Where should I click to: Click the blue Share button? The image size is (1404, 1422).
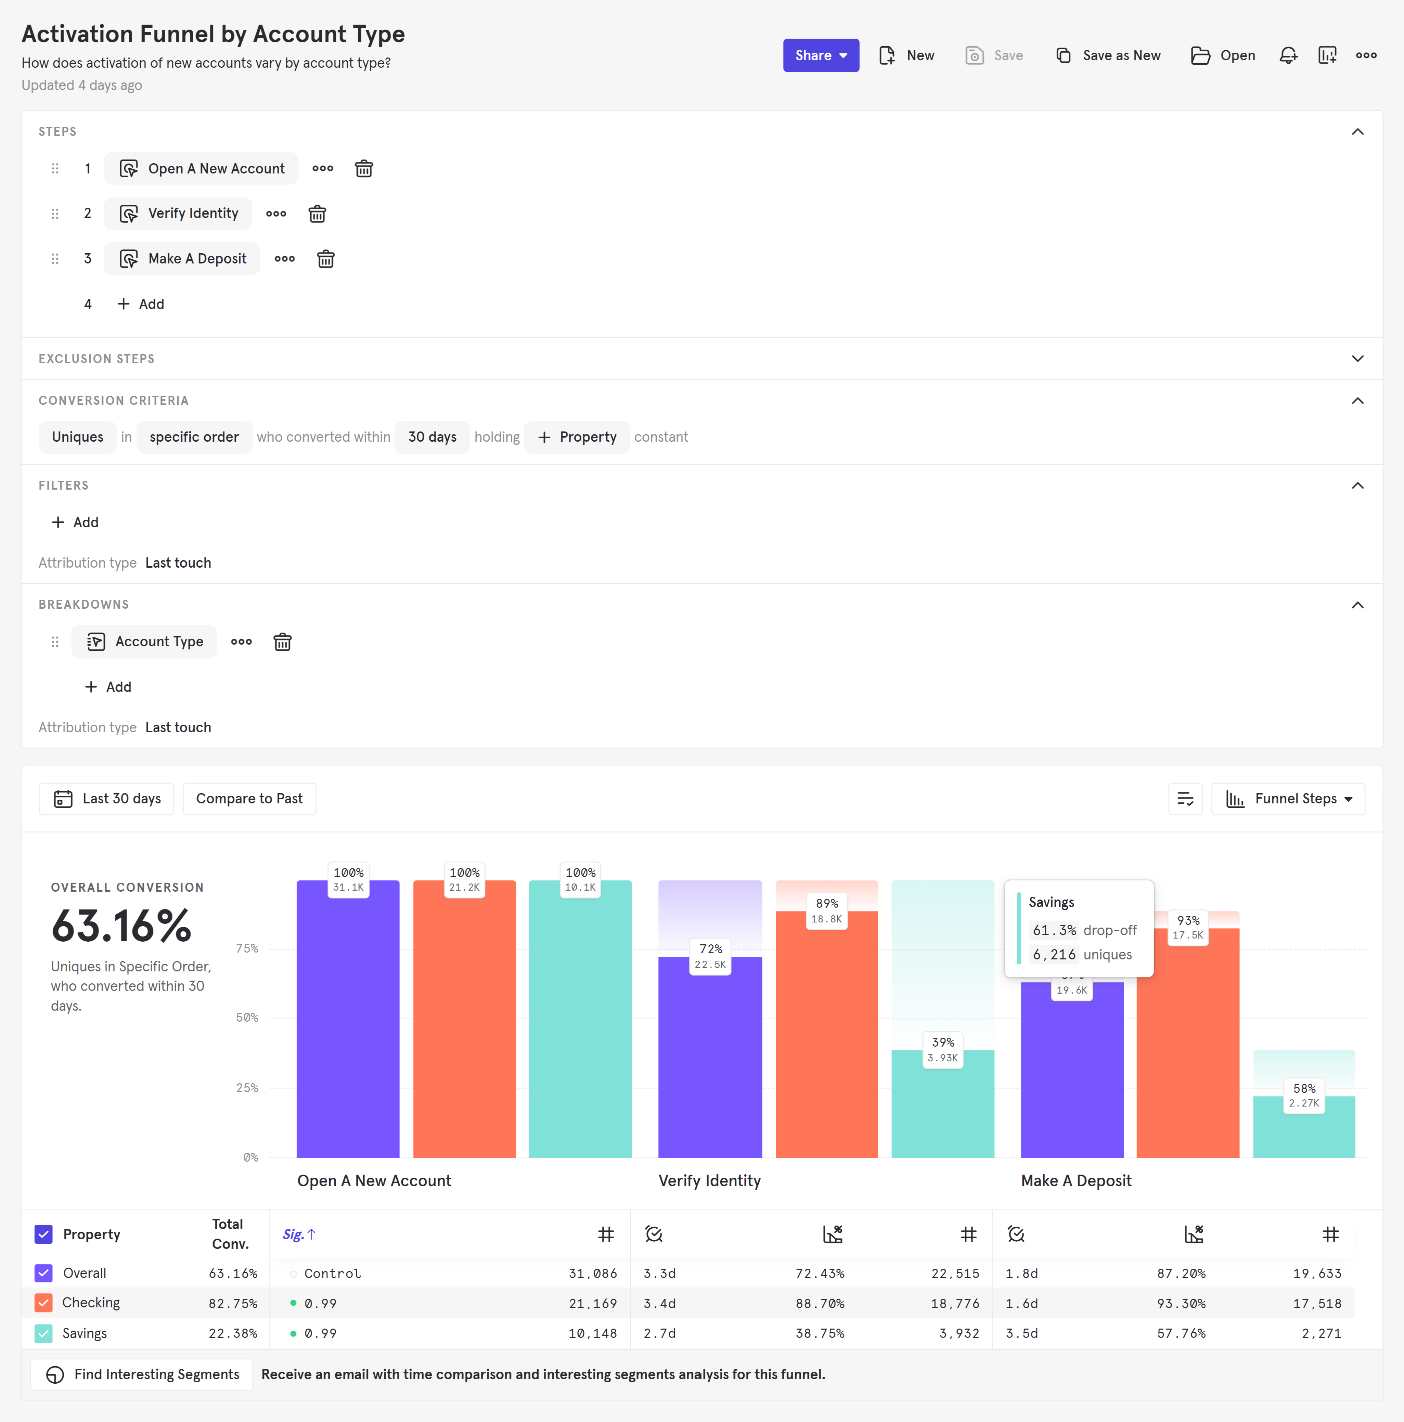point(820,55)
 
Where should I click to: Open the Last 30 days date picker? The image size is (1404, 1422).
point(107,799)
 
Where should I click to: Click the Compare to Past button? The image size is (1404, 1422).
point(249,799)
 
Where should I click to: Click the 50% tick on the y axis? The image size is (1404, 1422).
point(247,1018)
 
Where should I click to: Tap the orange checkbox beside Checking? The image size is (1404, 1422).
point(43,1303)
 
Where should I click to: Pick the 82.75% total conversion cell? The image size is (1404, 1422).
point(233,1304)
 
